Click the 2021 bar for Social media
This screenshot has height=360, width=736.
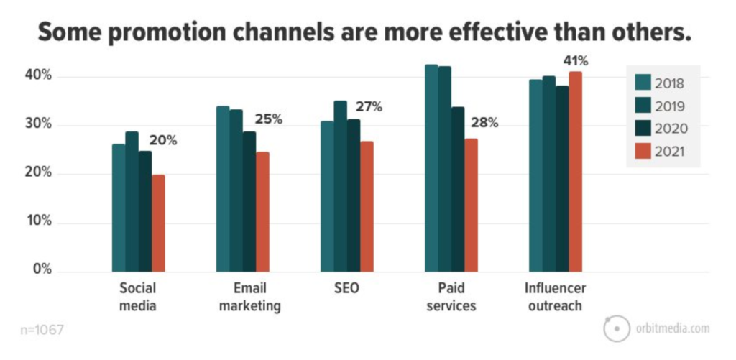(x=158, y=223)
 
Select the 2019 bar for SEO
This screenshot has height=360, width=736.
(x=340, y=186)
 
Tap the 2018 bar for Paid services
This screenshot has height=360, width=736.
(x=431, y=168)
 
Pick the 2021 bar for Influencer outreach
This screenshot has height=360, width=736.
(x=575, y=172)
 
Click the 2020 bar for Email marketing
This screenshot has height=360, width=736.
(x=249, y=202)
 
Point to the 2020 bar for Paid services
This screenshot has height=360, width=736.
(x=458, y=190)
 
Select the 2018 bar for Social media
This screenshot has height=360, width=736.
(x=119, y=208)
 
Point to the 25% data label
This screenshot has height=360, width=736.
(x=269, y=119)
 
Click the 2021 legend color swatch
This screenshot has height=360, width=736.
(x=643, y=151)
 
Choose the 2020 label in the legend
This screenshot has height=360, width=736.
(x=672, y=129)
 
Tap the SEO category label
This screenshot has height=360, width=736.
(x=347, y=287)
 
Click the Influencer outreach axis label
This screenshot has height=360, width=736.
(x=556, y=297)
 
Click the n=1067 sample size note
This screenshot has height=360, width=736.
(x=42, y=330)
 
